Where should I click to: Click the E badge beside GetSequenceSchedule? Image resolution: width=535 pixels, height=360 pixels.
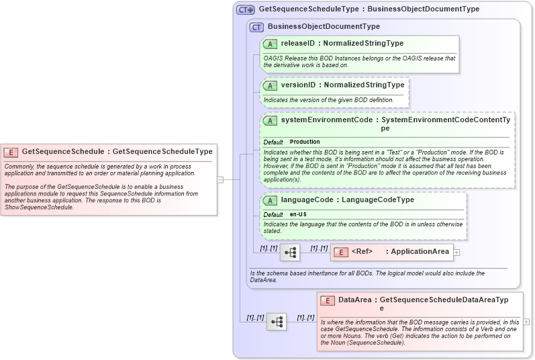click(11, 152)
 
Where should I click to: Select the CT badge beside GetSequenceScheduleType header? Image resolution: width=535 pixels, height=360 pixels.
click(245, 10)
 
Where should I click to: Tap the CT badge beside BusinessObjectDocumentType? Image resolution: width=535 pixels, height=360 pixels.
click(256, 27)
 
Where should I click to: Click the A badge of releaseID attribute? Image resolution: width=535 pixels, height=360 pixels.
click(270, 44)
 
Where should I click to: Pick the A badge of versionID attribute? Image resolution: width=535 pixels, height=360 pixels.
click(270, 86)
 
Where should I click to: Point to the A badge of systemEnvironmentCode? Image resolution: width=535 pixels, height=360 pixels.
click(270, 120)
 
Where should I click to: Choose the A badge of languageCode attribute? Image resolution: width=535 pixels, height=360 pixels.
click(270, 200)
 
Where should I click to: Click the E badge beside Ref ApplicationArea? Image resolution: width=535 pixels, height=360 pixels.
click(340, 252)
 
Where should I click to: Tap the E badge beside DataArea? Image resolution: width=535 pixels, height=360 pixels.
click(328, 300)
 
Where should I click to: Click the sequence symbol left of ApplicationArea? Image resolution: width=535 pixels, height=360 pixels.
click(290, 253)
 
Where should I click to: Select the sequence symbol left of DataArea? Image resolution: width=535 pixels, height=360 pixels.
click(277, 322)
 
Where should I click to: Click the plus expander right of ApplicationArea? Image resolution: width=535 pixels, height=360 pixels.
click(457, 252)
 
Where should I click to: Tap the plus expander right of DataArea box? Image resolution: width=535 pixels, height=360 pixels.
click(526, 322)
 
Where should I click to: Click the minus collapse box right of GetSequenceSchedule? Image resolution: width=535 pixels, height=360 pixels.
click(220, 179)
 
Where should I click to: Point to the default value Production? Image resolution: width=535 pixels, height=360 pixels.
click(305, 142)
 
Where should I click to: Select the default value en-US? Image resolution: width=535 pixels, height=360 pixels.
click(299, 214)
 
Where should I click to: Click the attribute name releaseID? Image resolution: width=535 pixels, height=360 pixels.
click(297, 44)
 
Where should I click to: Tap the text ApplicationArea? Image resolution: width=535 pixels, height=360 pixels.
click(420, 252)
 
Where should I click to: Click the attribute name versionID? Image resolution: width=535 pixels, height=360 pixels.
click(297, 86)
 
